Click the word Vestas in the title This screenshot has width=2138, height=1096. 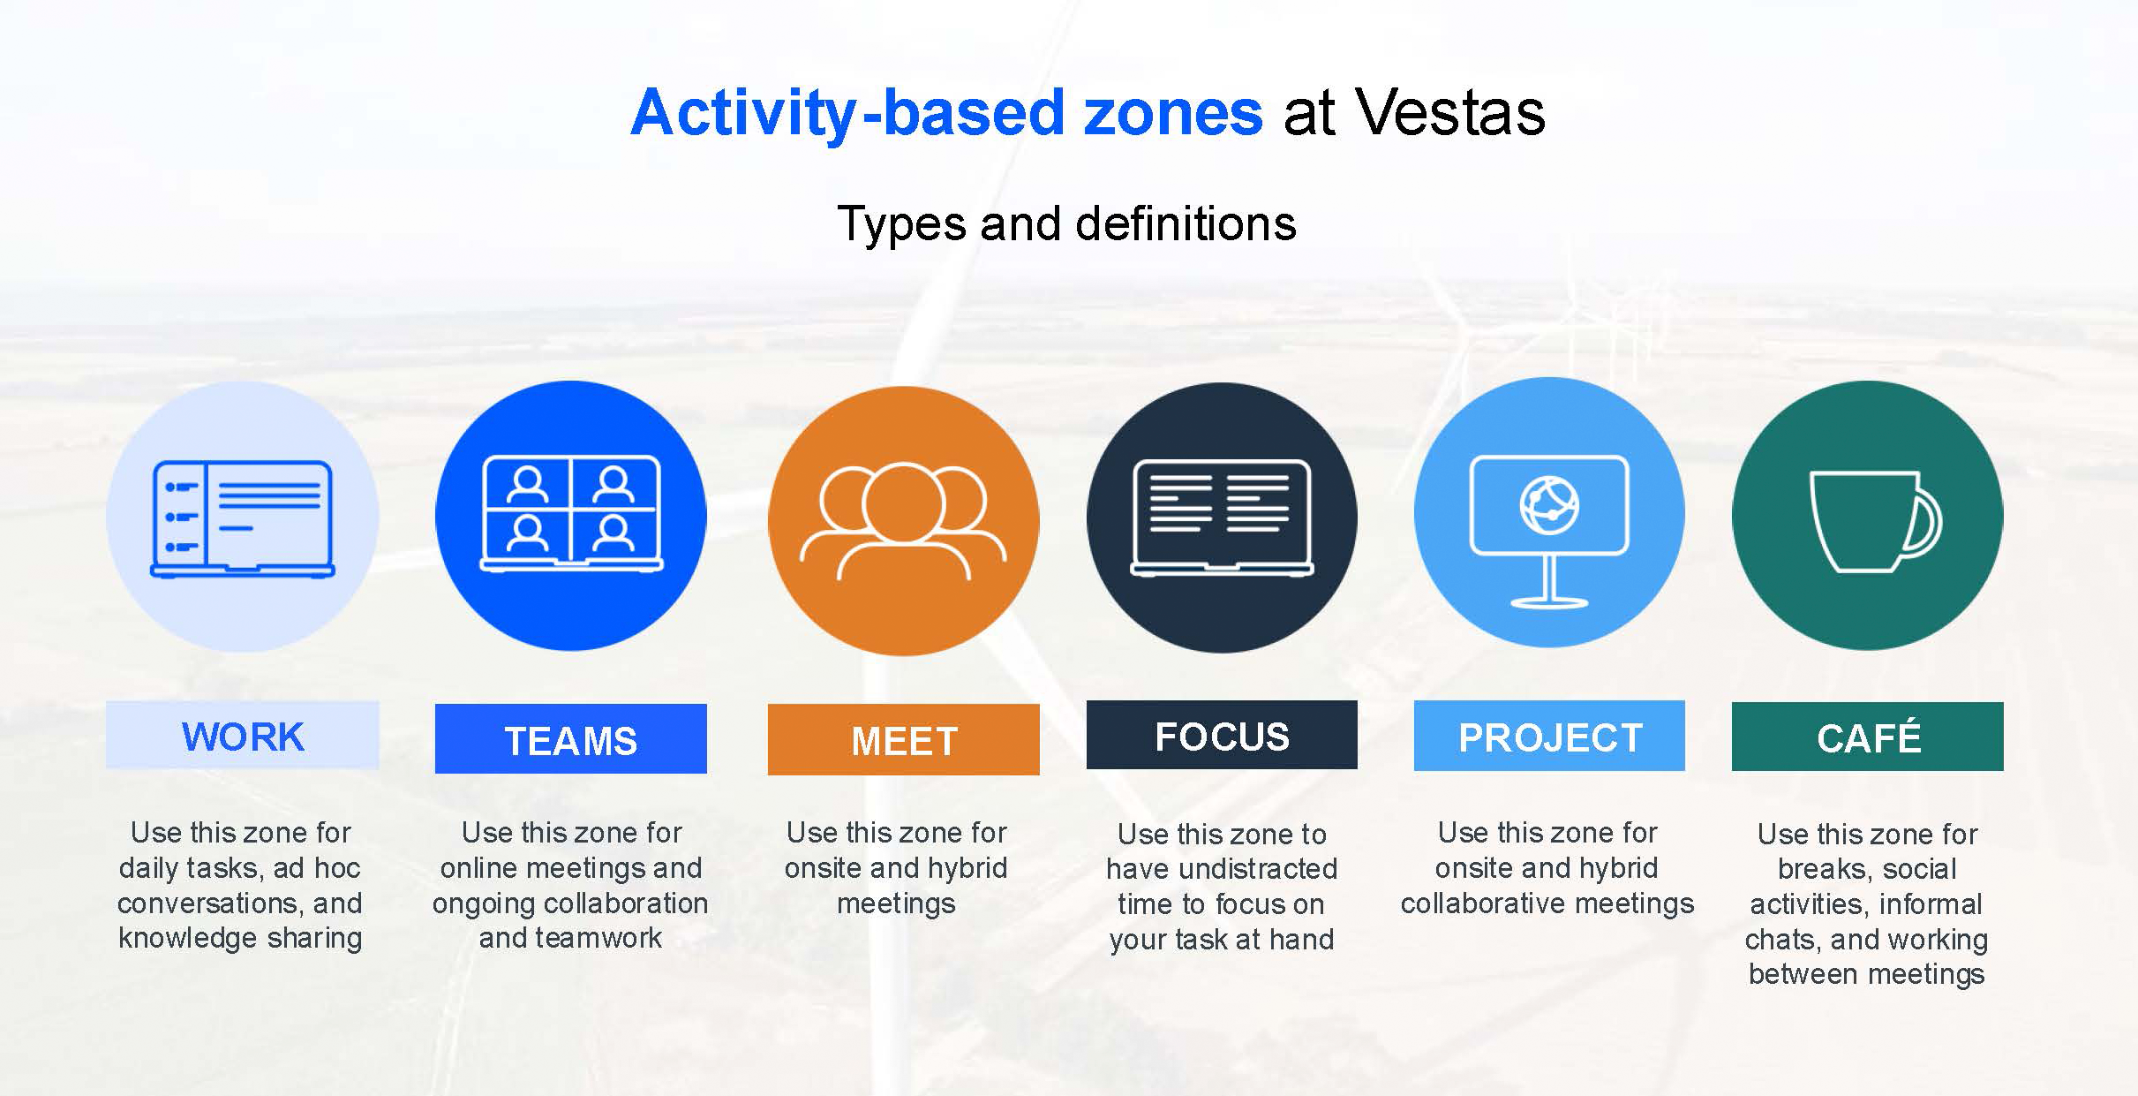pyautogui.click(x=1449, y=113)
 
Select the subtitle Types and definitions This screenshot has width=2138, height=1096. pyautogui.click(x=1066, y=223)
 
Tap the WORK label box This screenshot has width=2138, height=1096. pyautogui.click(x=242, y=736)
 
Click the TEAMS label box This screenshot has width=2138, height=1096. pyautogui.click(x=570, y=739)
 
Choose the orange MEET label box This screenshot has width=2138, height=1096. pyautogui.click(x=903, y=740)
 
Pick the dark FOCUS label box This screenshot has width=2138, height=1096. pyautogui.click(x=1222, y=736)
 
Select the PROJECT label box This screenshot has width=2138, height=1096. pyautogui.click(x=1549, y=737)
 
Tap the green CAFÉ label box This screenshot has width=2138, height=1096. pyautogui.click(x=1867, y=737)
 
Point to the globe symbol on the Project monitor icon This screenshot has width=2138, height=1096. pyautogui.click(x=1549, y=505)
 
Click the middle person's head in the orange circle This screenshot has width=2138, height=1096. pyautogui.click(x=903, y=502)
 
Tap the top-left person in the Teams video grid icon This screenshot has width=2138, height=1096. pyautogui.click(x=528, y=485)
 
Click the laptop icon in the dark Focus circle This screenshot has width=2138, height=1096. pyautogui.click(x=1222, y=518)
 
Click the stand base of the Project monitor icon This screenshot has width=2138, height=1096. pyautogui.click(x=1549, y=603)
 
